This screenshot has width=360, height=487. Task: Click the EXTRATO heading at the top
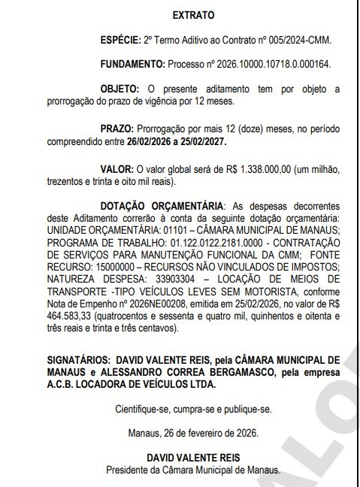click(x=193, y=14)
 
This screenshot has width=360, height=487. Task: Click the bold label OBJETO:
click(x=120, y=89)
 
